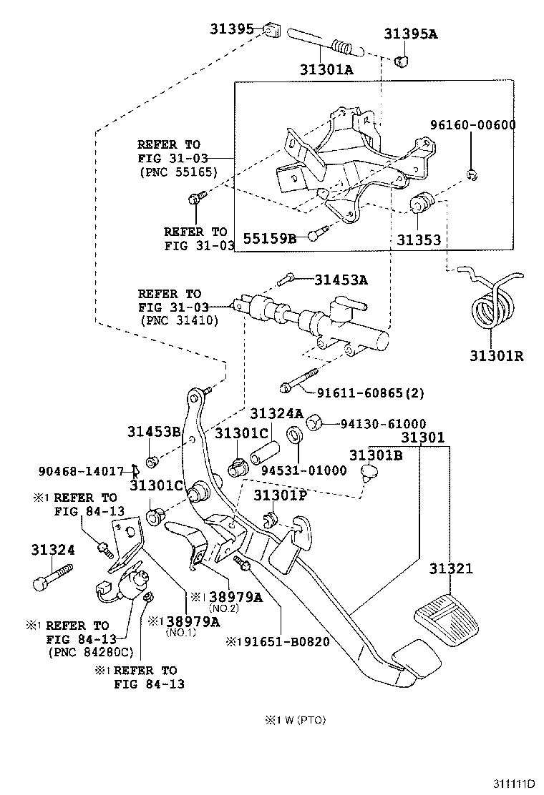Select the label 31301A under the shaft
coord(326,69)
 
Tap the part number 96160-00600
coord(472,125)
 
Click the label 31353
coord(419,241)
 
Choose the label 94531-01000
coord(303,470)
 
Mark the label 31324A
coord(276,414)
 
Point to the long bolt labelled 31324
coord(52,576)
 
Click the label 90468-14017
coord(80,470)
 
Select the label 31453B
coord(154,431)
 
